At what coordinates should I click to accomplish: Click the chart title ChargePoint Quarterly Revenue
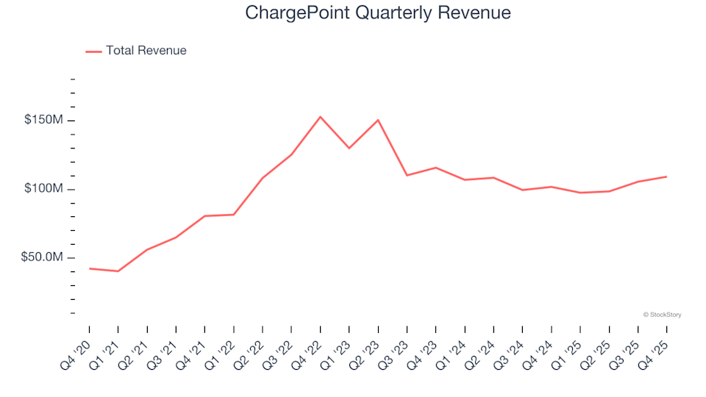pos(378,13)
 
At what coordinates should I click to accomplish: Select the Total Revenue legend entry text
pos(146,51)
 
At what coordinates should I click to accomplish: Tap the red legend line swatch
pos(93,51)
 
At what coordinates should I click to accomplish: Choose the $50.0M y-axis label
pos(43,257)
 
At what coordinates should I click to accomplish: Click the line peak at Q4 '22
pos(320,116)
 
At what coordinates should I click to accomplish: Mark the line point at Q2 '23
pos(378,120)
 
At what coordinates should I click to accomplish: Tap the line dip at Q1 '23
pos(349,149)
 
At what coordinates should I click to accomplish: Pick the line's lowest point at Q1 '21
pos(118,271)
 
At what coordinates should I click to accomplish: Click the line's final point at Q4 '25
pos(667,176)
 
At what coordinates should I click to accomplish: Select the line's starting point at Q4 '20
pos(89,268)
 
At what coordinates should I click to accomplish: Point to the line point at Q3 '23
pos(407,175)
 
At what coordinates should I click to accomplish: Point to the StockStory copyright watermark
pos(662,315)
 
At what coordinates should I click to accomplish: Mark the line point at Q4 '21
pos(204,216)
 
